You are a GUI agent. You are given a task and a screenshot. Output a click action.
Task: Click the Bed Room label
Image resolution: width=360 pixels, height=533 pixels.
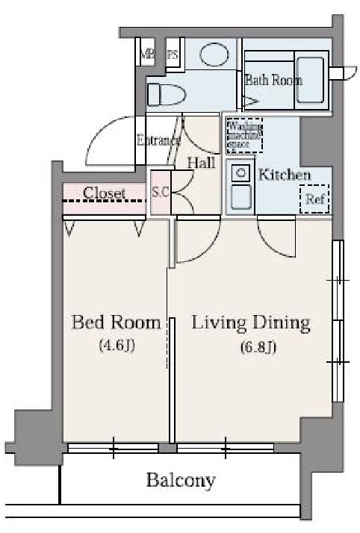pos(116,322)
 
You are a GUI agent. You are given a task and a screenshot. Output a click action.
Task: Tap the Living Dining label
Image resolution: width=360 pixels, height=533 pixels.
pos(251,322)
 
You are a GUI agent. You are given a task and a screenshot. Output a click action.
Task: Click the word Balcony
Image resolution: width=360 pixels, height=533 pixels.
pos(181,479)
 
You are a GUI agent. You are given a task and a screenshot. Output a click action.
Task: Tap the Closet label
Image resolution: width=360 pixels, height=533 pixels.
pos(104,193)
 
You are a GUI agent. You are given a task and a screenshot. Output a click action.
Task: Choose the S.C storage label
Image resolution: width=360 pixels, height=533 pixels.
pos(161,192)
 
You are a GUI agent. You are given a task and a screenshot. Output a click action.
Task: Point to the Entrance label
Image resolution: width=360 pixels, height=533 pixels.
pos(158,139)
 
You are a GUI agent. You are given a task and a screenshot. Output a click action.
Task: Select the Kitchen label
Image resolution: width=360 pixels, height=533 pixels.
pos(284,175)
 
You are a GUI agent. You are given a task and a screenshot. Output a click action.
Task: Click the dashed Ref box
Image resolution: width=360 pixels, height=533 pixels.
pos(314,199)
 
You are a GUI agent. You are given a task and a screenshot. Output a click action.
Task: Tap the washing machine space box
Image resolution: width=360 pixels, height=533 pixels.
pos(244,134)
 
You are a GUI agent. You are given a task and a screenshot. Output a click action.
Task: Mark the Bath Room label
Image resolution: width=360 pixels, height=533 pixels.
pos(273,80)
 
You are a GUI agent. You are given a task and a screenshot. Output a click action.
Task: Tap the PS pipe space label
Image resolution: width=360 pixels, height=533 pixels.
pos(173,54)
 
